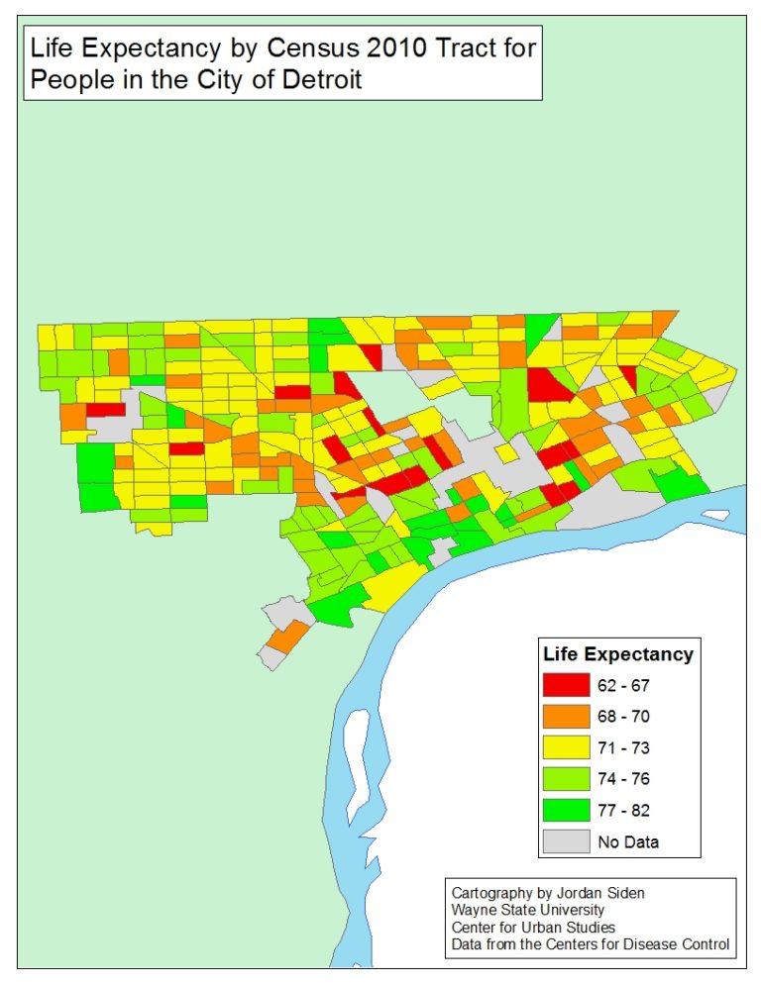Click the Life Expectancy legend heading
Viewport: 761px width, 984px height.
pyautogui.click(x=618, y=654)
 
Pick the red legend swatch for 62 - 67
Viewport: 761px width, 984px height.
pyautogui.click(x=566, y=684)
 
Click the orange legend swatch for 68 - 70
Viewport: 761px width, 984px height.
pyautogui.click(x=566, y=716)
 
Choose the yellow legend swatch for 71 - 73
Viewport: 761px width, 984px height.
pyautogui.click(x=566, y=747)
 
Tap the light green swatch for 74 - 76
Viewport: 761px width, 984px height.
pyautogui.click(x=566, y=779)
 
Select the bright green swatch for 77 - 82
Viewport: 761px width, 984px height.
pyautogui.click(x=566, y=811)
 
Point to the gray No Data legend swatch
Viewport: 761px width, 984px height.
pyautogui.click(x=566, y=842)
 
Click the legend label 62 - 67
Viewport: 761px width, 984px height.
pyautogui.click(x=623, y=684)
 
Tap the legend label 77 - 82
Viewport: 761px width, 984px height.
pyautogui.click(x=623, y=811)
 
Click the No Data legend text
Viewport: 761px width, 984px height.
pyautogui.click(x=628, y=842)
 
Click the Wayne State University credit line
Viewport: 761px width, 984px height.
pyautogui.click(x=527, y=911)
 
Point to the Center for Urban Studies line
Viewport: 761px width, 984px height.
pyautogui.click(x=533, y=928)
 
